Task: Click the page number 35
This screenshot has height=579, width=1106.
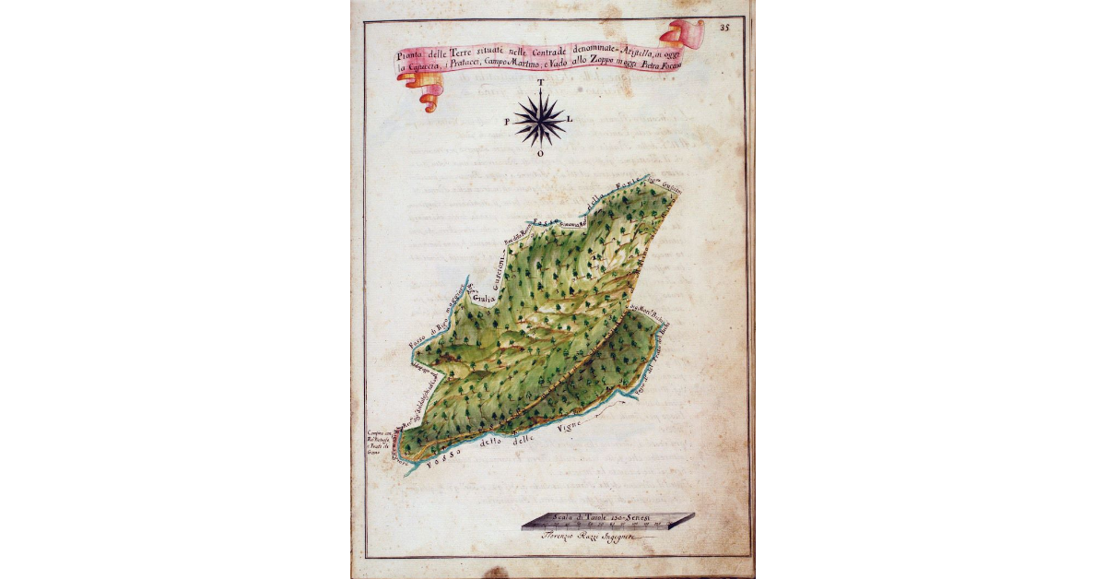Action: point(724,28)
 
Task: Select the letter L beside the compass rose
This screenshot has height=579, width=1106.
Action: point(571,120)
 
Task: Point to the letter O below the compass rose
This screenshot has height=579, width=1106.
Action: point(540,154)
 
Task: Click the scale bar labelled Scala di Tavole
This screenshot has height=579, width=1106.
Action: point(607,522)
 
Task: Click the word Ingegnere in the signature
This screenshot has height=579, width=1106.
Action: point(628,536)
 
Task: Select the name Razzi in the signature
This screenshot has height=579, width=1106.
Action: point(592,536)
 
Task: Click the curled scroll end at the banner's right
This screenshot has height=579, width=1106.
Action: point(687,33)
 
